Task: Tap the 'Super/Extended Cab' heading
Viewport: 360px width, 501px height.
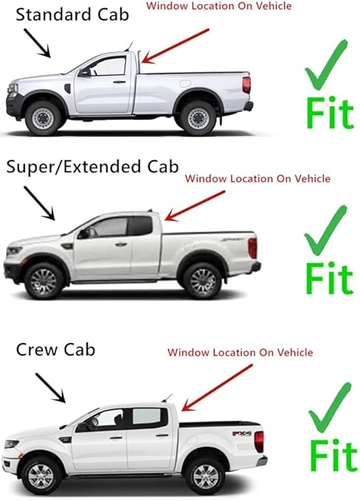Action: pyautogui.click(x=91, y=167)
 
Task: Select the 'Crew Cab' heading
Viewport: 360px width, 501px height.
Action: pyautogui.click(x=56, y=349)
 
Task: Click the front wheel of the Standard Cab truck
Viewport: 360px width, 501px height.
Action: pyautogui.click(x=44, y=116)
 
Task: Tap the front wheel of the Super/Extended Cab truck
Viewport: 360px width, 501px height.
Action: pyautogui.click(x=42, y=280)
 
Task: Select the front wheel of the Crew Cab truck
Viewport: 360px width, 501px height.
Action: pyautogui.click(x=42, y=475)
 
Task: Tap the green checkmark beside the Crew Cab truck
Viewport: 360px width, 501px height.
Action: pyautogui.click(x=330, y=408)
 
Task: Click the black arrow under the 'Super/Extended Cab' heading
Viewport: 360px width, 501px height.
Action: pyautogui.click(x=39, y=203)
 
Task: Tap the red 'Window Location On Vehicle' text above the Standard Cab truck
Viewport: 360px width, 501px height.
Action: pyautogui.click(x=219, y=6)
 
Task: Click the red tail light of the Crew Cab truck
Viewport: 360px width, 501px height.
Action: pyautogui.click(x=258, y=442)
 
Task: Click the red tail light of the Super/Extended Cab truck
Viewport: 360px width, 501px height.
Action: pyautogui.click(x=252, y=247)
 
